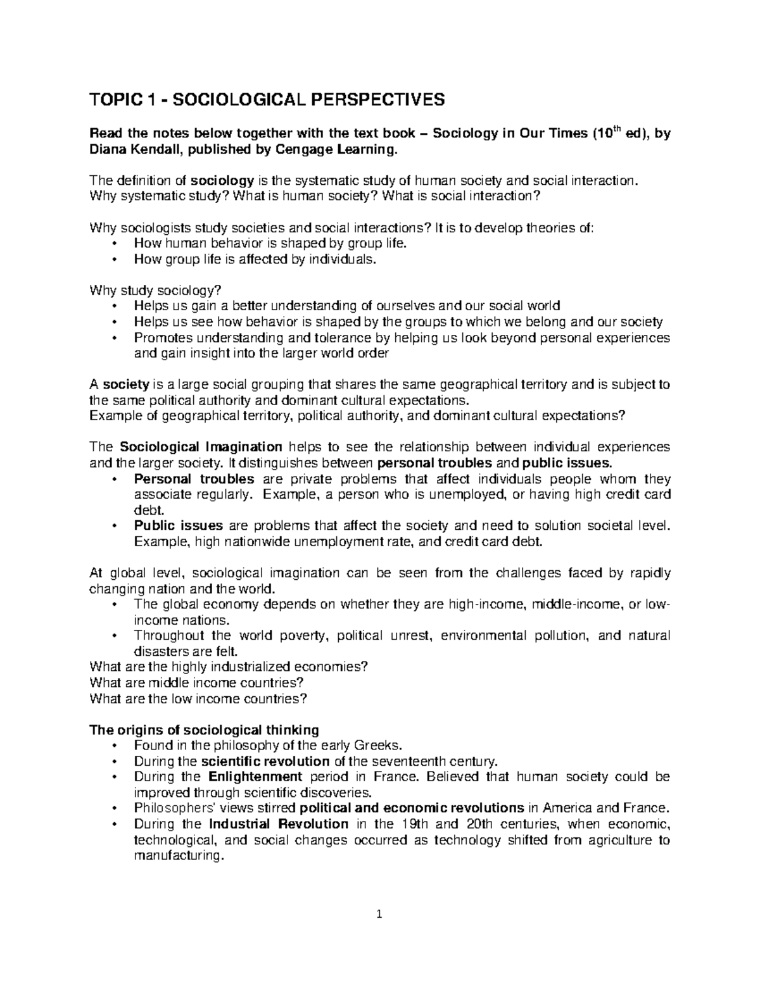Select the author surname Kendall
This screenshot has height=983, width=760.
(155, 149)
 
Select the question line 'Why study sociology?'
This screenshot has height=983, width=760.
(155, 291)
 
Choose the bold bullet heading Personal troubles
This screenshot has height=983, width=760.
(194, 479)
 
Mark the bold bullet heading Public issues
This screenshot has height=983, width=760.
(178, 525)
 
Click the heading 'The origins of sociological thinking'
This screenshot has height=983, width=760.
(205, 729)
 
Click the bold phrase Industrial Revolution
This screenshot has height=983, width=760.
(278, 823)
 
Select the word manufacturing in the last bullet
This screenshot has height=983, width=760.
(179, 856)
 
